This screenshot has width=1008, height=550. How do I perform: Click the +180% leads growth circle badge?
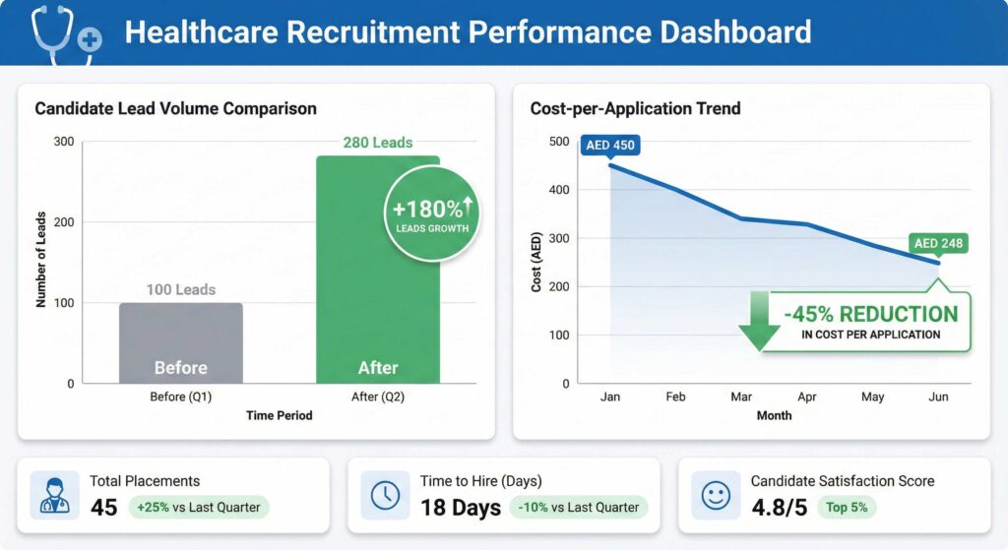coord(433,213)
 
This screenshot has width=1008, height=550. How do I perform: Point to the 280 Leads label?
coord(377,143)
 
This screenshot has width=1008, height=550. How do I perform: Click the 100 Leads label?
coord(180,289)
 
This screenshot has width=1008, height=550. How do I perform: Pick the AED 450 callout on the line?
coord(610,146)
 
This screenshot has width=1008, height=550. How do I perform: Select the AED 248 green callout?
coord(938,243)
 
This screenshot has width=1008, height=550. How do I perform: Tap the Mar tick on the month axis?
coord(741,397)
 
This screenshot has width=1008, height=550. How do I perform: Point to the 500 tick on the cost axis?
coord(559,142)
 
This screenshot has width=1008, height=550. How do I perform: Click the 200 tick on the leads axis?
coord(63,222)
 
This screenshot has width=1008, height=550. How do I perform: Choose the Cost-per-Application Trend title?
coord(635,108)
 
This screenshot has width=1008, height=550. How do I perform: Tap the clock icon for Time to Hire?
coord(385,495)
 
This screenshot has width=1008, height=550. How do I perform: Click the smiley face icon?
coord(716,495)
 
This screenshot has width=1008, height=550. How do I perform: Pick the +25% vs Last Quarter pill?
coord(199,508)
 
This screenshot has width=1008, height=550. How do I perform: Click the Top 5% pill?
coord(847,508)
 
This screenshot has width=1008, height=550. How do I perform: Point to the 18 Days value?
coord(462,508)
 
